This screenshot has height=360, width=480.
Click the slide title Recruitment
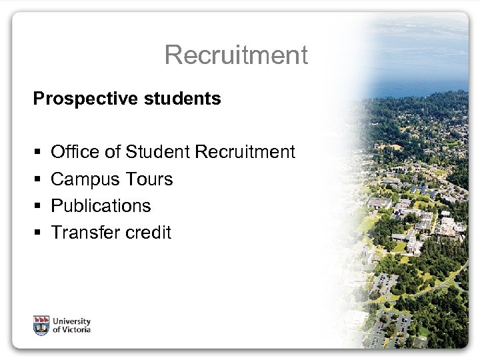(236, 55)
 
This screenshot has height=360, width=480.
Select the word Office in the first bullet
(75, 152)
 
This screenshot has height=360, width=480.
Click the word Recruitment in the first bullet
(245, 152)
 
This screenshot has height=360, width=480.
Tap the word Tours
(147, 179)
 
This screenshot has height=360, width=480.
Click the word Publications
(101, 206)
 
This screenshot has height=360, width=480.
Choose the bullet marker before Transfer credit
(36, 233)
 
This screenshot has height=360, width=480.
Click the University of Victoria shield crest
(41, 325)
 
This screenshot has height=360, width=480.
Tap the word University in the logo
(72, 321)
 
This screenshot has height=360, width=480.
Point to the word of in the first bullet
(112, 152)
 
